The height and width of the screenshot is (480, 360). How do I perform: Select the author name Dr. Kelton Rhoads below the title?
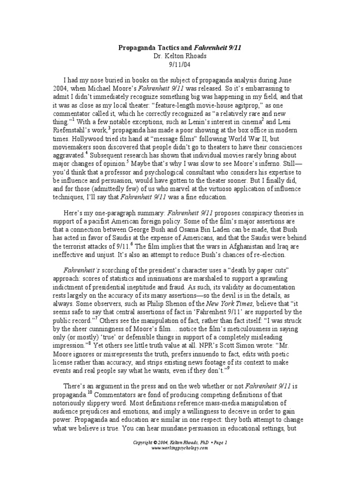(x=180, y=56)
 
